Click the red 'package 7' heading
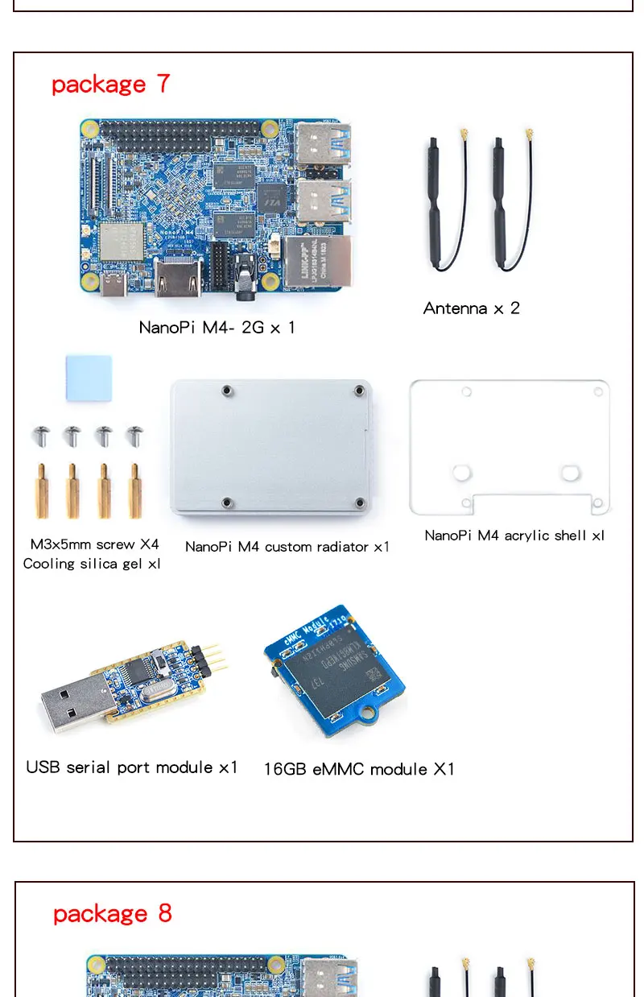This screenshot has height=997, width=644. click(110, 85)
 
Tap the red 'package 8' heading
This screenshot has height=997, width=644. click(112, 914)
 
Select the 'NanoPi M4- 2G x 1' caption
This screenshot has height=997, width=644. click(217, 328)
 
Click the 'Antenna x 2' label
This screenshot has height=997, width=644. click(471, 308)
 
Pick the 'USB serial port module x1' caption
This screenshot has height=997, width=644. click(132, 767)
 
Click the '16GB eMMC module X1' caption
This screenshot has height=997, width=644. click(359, 770)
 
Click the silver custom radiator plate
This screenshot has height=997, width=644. click(271, 448)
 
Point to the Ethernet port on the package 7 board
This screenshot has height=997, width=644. click(317, 263)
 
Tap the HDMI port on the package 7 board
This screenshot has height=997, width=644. click(178, 279)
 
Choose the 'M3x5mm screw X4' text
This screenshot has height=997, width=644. click(94, 544)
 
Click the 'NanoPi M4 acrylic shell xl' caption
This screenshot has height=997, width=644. click(514, 536)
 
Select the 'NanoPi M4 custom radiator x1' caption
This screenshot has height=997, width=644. click(287, 547)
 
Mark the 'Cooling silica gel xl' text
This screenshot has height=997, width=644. click(92, 564)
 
